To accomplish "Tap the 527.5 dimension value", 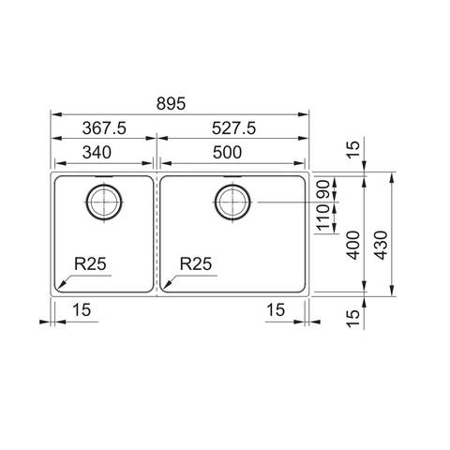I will (232, 127).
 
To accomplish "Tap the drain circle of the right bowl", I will (231, 201).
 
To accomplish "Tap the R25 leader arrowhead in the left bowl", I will (58, 287).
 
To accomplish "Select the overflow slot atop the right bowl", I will (231, 173).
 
